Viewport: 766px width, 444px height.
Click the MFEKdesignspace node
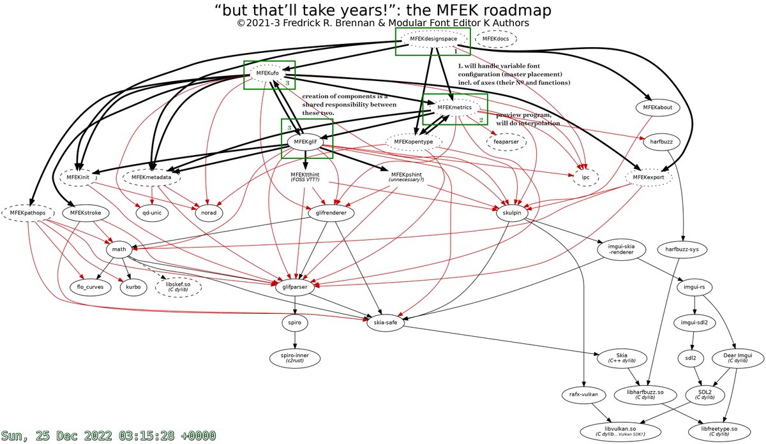point(433,40)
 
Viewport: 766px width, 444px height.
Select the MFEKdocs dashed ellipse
point(495,40)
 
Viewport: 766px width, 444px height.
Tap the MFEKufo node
point(267,73)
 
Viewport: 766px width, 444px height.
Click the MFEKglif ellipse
point(306,141)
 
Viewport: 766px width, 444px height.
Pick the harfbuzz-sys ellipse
point(682,249)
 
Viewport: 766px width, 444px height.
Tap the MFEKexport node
point(649,177)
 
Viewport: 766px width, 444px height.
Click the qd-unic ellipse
point(151,212)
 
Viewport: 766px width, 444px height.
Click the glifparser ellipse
point(296,287)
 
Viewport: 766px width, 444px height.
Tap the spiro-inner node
point(295,357)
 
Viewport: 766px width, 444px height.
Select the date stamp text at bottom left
point(109,435)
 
